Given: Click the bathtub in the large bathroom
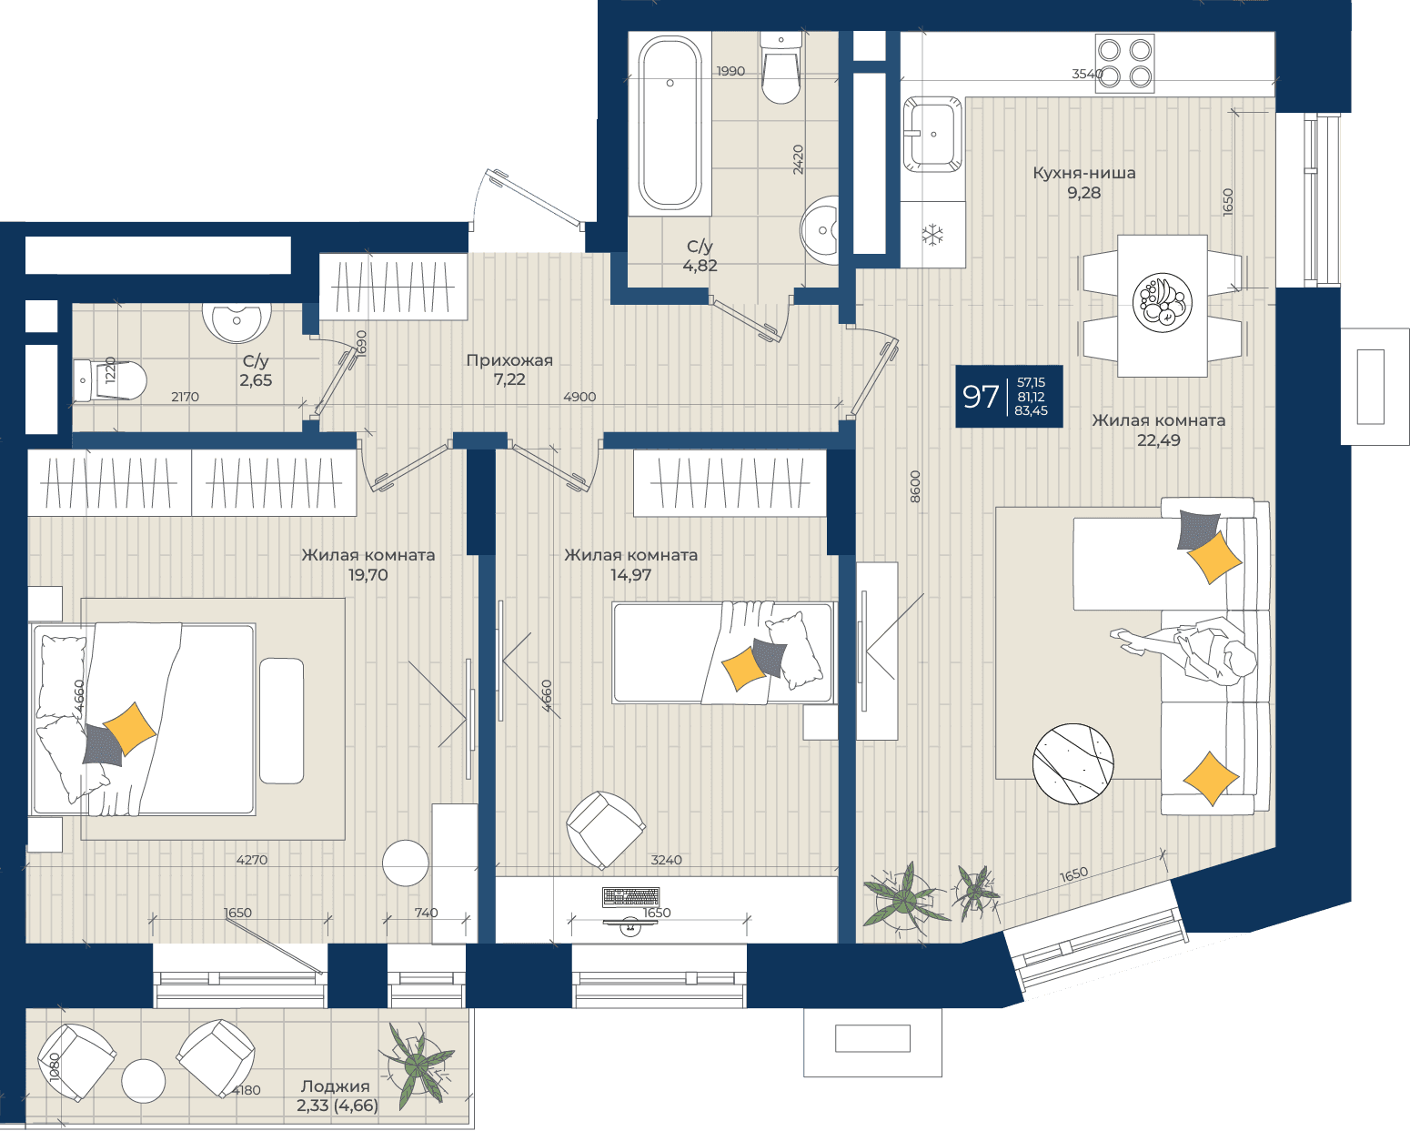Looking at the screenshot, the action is click(670, 123).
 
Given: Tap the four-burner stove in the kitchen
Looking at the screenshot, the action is click(1124, 64).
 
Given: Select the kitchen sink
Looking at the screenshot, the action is click(932, 135).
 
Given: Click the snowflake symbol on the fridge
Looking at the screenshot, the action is click(932, 235).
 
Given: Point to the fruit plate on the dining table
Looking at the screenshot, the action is click(1163, 303).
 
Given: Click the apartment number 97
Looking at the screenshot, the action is click(981, 397).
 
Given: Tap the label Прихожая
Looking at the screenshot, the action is click(509, 359).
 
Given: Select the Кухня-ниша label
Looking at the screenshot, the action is click(1083, 173).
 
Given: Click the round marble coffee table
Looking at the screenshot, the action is click(1073, 763).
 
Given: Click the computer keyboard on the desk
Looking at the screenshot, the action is click(630, 896).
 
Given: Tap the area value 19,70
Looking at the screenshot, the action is click(368, 575).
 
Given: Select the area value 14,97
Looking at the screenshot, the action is click(630, 575).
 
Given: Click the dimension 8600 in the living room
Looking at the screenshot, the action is click(915, 487).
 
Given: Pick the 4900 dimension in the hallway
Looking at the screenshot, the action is click(579, 397).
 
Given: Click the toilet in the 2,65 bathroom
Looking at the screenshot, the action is click(109, 380).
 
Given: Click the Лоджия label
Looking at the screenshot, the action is click(335, 1086).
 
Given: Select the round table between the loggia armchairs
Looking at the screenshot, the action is click(144, 1081).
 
